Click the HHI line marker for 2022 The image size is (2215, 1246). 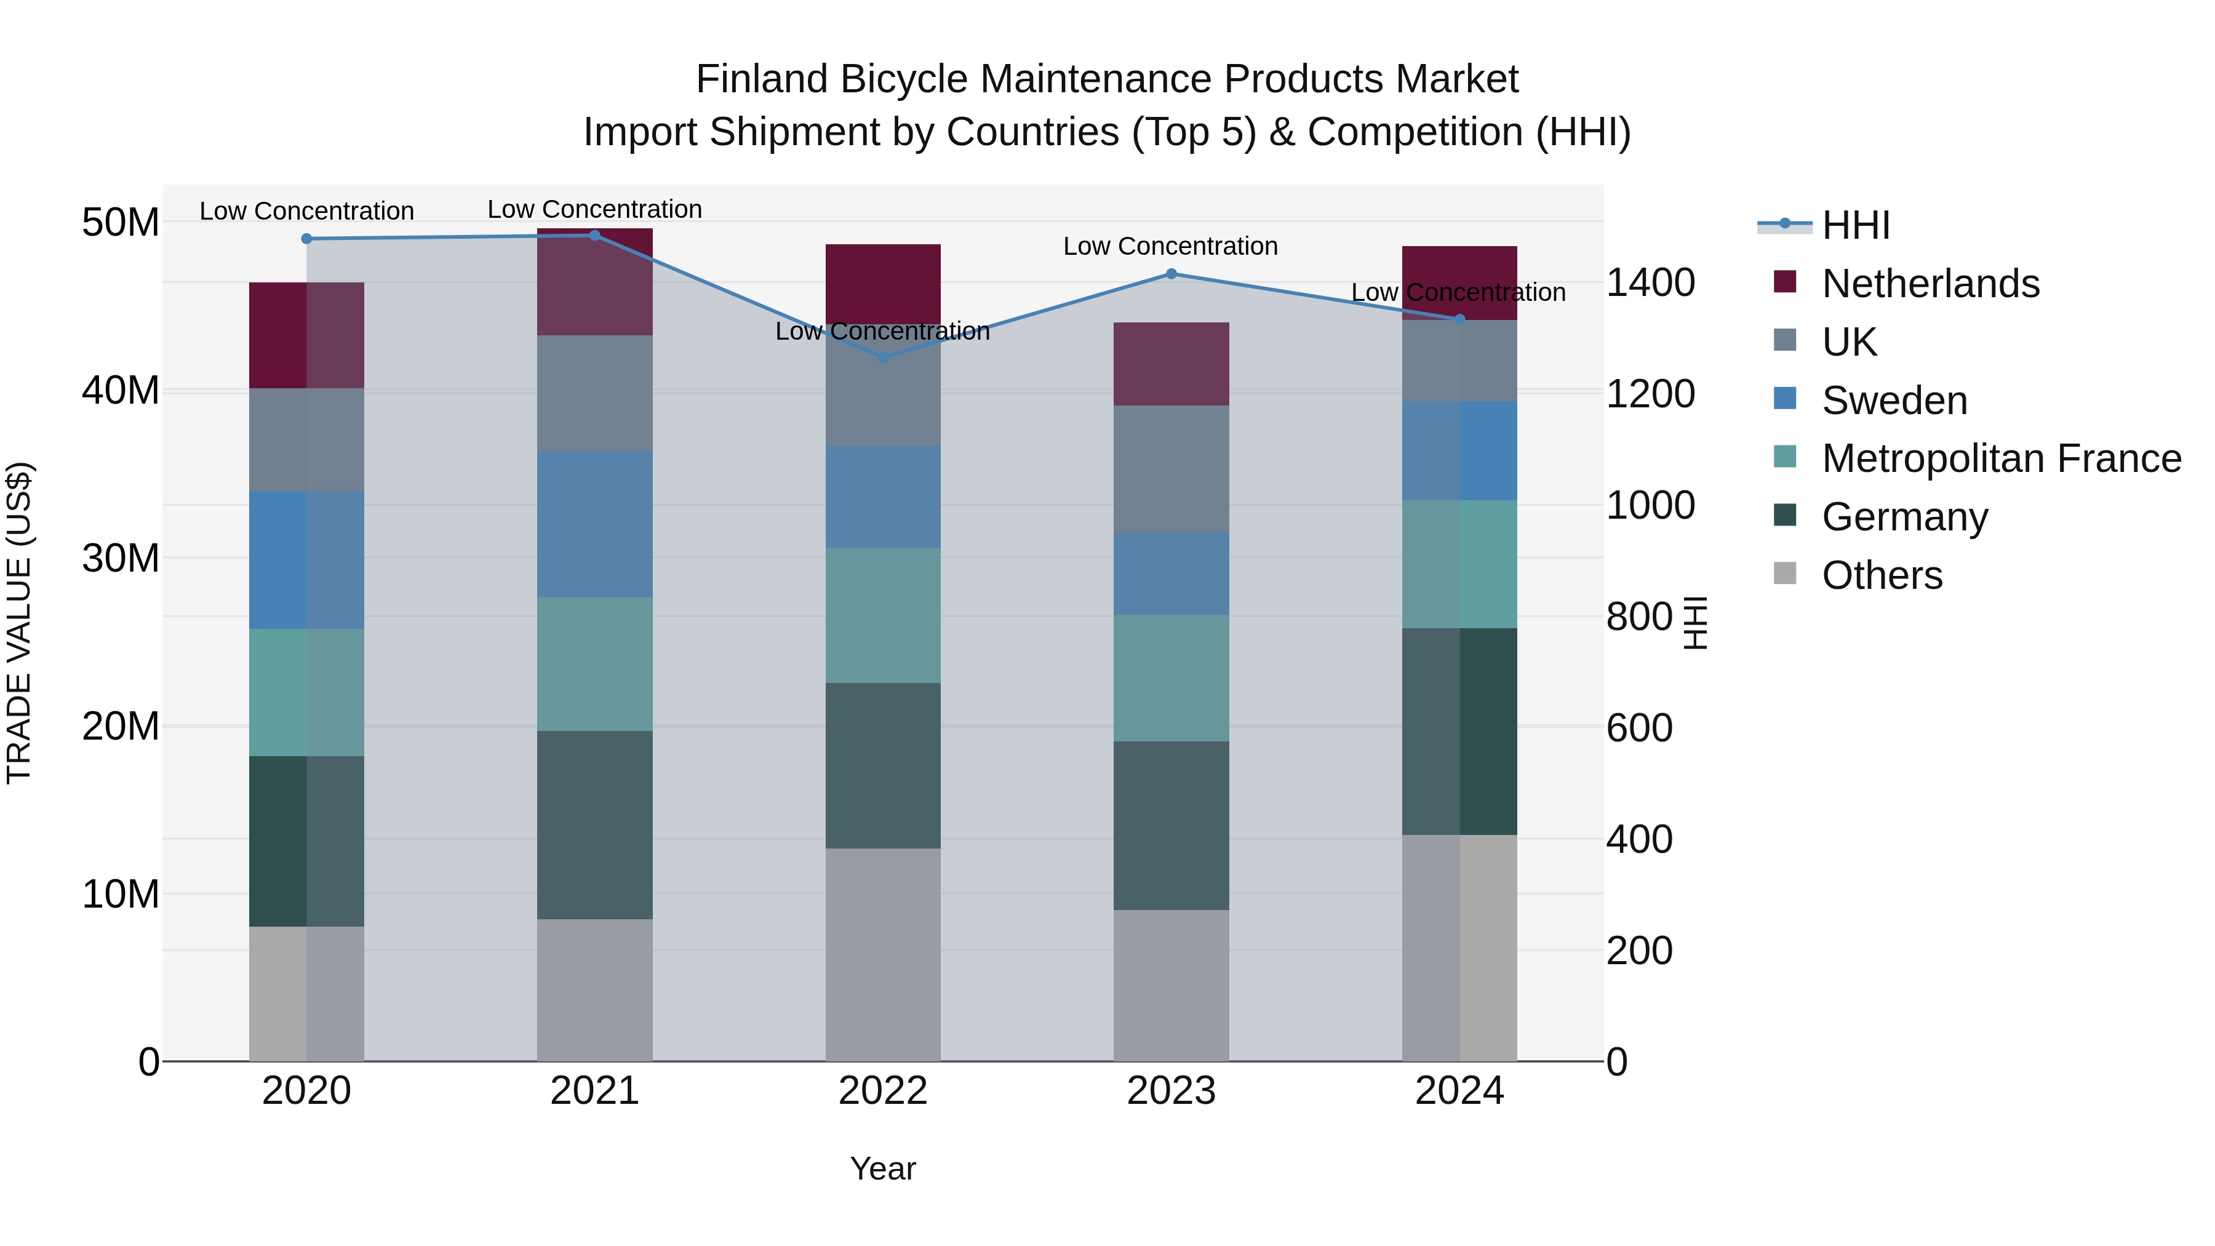coord(883,357)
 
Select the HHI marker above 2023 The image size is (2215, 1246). coord(1171,273)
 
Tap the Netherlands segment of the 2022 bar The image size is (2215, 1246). coord(883,284)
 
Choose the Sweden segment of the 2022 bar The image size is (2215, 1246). coord(883,496)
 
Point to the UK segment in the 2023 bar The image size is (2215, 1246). coord(1171,469)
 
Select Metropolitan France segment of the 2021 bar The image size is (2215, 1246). coord(594,664)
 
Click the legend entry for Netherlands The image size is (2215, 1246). coord(1930,284)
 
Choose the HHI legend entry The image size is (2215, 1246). coord(1856,225)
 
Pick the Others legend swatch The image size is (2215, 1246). coord(1785,573)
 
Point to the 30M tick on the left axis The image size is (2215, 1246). coord(121,558)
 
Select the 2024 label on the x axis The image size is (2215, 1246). coord(1459,1091)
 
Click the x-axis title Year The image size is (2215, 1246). coord(883,1168)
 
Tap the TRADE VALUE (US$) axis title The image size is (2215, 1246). coord(19,623)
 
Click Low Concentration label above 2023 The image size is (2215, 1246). coord(1170,246)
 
